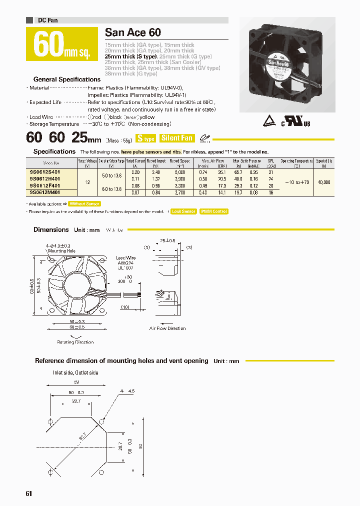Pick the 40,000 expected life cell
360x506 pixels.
point(323,182)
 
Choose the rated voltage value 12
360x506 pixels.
point(87,182)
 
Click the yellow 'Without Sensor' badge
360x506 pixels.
point(84,203)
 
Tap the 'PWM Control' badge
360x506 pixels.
point(213,211)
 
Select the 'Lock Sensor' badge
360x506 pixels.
point(183,211)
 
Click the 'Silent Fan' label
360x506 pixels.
point(176,138)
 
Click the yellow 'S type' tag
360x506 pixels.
point(146,138)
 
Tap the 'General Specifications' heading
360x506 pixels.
point(66,79)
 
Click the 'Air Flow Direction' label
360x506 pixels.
point(167,328)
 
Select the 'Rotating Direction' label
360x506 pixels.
point(75,342)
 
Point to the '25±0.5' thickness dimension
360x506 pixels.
point(167,240)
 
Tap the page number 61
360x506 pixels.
point(28,493)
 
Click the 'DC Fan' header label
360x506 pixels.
point(48,20)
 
